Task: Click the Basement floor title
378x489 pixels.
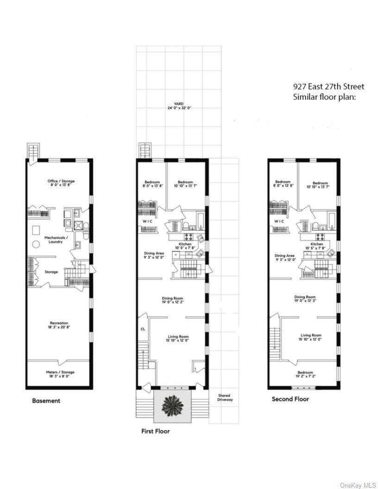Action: (x=46, y=401)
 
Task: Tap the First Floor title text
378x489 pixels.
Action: (x=155, y=431)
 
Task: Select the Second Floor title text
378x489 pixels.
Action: (x=290, y=399)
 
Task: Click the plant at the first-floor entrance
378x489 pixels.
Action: (x=172, y=406)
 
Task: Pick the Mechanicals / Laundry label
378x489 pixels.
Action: (x=56, y=239)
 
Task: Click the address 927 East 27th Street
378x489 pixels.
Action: (x=329, y=87)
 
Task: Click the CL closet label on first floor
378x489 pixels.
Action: (x=142, y=329)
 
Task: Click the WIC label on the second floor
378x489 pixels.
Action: (x=279, y=221)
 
